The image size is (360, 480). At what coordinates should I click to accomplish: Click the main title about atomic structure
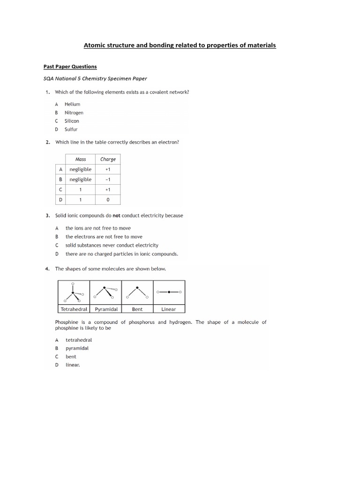pos(180,45)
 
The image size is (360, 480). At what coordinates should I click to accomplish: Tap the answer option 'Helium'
pos(72,104)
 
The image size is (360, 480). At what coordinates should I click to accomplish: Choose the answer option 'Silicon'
pos(72,121)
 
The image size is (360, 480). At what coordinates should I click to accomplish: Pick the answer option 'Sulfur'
pos(71,129)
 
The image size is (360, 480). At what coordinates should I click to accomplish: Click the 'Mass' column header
pos(80,159)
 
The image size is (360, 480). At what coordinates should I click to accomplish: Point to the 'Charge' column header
pos(108,159)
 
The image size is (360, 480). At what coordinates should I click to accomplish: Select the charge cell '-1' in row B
pos(108,180)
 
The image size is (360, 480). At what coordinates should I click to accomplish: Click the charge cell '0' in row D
pos(108,200)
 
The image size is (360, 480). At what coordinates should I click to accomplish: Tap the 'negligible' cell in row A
pos(80,169)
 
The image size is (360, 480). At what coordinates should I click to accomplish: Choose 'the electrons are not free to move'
pos(104,237)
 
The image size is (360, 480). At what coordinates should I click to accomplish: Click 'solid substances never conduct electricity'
pos(112,245)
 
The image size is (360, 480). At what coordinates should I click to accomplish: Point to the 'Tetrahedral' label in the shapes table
pos(74,309)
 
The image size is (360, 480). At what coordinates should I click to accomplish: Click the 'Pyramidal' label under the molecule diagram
pos(106,309)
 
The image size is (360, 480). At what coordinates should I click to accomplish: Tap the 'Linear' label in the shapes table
pos(169,309)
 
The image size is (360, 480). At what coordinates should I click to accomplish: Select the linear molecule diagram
pos(169,292)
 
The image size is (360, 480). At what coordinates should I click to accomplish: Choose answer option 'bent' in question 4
pos(71,357)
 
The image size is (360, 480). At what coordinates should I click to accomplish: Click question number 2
pos(48,142)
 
